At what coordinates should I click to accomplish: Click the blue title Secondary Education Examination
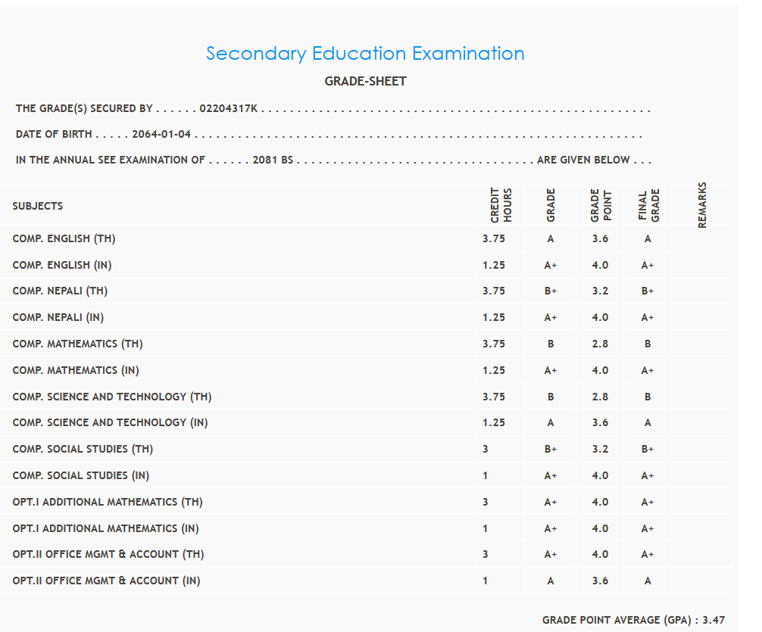tap(365, 54)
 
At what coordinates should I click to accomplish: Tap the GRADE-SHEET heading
tap(365, 81)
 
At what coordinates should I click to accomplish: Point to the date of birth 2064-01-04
tap(161, 135)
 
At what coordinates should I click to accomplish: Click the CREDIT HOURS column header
tap(501, 205)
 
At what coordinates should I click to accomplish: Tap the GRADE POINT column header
tap(600, 205)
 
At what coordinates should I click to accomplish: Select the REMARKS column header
tap(702, 205)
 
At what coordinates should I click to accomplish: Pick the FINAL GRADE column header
tap(648, 205)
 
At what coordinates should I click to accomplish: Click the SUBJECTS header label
tap(38, 206)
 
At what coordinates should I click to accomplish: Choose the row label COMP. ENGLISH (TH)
tap(64, 238)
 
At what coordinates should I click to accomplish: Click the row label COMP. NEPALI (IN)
tap(58, 317)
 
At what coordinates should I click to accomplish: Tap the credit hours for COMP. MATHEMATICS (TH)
tap(493, 344)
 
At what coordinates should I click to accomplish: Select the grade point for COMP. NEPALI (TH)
tap(600, 291)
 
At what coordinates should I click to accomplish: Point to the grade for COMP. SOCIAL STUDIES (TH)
tap(551, 449)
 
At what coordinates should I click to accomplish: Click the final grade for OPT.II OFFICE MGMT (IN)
tap(648, 581)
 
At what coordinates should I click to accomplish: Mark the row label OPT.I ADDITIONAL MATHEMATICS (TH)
tap(108, 502)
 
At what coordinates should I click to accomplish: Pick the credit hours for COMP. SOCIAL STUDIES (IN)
tap(486, 475)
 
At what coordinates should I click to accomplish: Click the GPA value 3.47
tap(714, 620)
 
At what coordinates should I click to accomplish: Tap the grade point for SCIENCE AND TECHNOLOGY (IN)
tap(600, 422)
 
